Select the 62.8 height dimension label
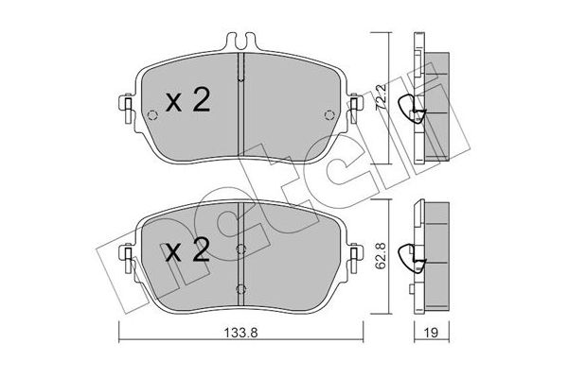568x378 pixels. pyautogui.click(x=382, y=257)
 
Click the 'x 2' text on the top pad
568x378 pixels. pyautogui.click(x=187, y=101)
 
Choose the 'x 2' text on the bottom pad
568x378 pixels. pyautogui.click(x=187, y=252)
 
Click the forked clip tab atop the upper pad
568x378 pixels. pyautogui.click(x=240, y=42)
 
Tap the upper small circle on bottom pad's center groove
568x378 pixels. pyautogui.click(x=240, y=249)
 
